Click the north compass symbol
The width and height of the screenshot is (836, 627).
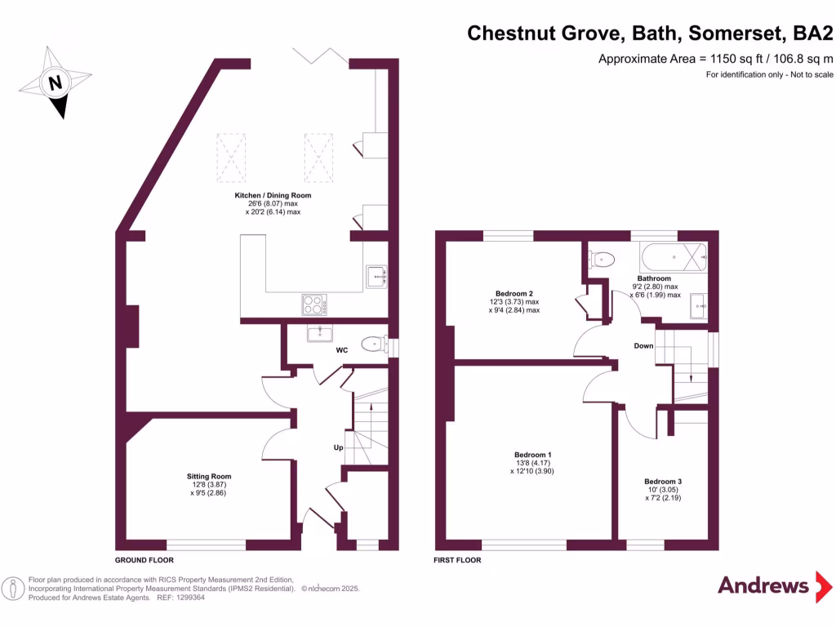click(54, 82)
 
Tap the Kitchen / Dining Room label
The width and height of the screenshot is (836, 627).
click(273, 196)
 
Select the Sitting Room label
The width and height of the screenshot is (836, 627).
click(209, 477)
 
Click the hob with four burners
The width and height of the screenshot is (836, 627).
click(313, 304)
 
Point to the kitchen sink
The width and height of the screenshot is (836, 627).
click(376, 277)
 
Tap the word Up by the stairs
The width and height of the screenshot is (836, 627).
click(337, 448)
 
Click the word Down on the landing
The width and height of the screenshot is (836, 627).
click(643, 346)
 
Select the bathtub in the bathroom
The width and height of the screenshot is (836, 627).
click(674, 259)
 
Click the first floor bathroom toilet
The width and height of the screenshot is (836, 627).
click(601, 260)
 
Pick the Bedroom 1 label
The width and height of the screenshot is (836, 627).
click(532, 455)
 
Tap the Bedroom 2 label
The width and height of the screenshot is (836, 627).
click(514, 294)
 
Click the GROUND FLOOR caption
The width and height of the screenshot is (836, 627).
click(144, 561)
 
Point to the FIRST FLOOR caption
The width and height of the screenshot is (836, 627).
click(457, 561)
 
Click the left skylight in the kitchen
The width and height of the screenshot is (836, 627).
click(231, 157)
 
